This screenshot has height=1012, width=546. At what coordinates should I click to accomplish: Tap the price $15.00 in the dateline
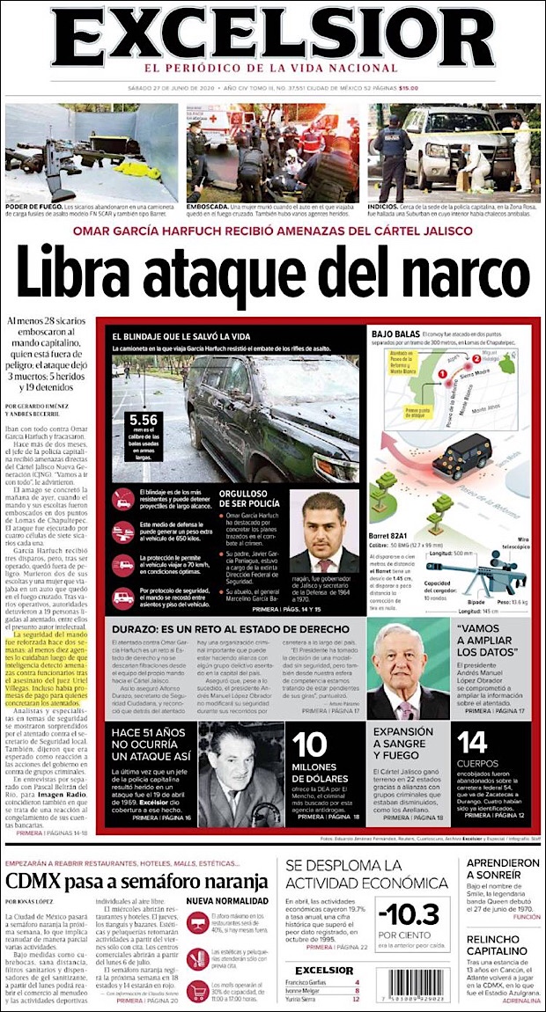tap(408, 87)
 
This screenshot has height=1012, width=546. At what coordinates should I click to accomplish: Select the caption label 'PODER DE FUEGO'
tap(30, 207)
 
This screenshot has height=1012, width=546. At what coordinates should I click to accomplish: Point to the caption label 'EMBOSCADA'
tap(206, 207)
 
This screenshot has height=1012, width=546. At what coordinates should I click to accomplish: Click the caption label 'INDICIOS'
tap(384, 207)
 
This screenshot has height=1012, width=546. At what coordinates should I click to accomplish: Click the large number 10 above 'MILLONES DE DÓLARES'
tap(309, 745)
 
